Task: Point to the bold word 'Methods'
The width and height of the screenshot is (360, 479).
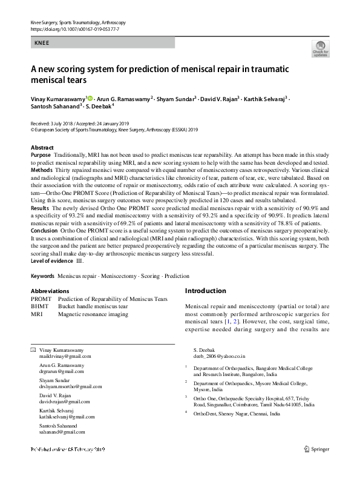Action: (x=41, y=171)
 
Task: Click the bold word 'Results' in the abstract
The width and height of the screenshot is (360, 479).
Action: (x=40, y=208)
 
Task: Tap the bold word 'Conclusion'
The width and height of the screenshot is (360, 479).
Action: (x=45, y=230)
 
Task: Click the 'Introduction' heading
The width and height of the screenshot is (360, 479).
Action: (x=209, y=291)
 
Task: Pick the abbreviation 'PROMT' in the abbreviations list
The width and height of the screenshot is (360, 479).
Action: (x=41, y=299)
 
